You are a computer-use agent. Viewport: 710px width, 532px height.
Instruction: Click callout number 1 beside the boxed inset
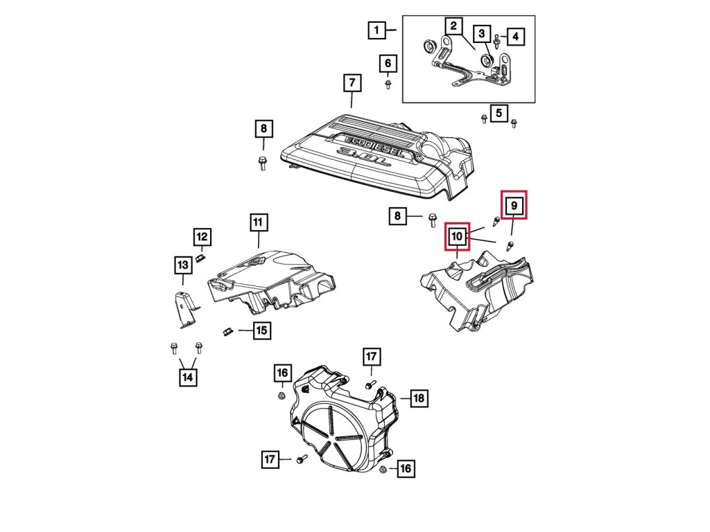coord(376,30)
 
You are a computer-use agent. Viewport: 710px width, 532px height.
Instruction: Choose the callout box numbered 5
coord(498,112)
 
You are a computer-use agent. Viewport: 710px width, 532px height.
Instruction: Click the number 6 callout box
coord(388,64)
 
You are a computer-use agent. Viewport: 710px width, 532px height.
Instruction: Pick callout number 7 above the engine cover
coord(352,84)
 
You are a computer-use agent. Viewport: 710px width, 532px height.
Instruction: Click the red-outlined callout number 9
coord(514,205)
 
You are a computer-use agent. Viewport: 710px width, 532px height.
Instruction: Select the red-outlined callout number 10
coord(457,237)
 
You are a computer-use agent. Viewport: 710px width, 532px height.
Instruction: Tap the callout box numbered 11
coord(257,222)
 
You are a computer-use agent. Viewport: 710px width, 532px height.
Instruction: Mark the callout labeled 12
coord(201,238)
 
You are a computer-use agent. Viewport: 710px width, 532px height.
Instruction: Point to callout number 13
coord(182,265)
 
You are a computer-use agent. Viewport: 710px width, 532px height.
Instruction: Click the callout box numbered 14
coord(187,377)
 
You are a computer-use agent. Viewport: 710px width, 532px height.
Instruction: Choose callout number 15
coord(261,330)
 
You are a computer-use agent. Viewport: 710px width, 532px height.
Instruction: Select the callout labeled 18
coord(419,398)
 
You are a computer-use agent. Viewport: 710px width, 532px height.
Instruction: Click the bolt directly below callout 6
coord(388,85)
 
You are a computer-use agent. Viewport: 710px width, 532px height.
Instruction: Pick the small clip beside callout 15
coord(226,330)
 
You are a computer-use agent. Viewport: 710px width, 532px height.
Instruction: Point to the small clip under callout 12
coord(199,259)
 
